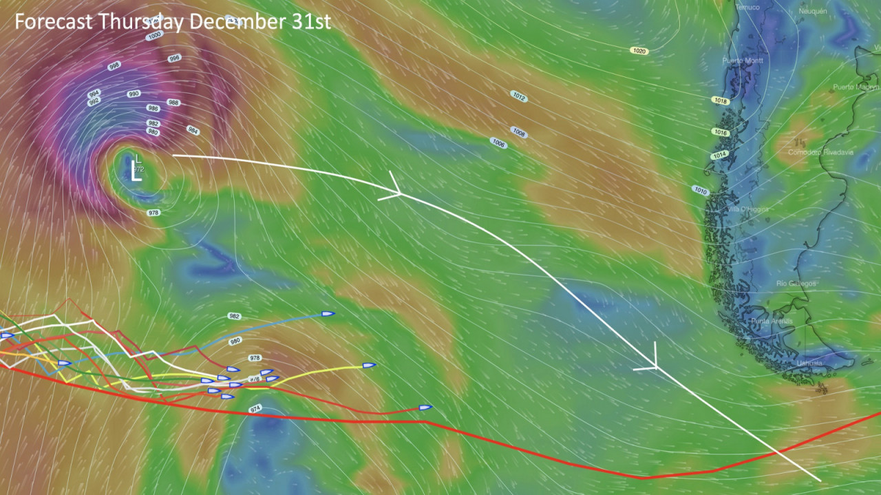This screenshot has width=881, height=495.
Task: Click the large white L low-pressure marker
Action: point(136,173)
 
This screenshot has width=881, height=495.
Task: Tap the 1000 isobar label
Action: point(154,35)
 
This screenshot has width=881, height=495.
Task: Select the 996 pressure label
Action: point(175,59)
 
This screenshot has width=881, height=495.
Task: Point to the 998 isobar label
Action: point(114,66)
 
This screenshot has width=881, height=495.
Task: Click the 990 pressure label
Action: point(134,94)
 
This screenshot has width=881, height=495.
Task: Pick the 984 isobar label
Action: point(193,129)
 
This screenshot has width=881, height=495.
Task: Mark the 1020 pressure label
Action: point(639,51)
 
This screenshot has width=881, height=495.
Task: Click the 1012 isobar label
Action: point(519,97)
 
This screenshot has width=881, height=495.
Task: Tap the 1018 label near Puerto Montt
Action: point(720,101)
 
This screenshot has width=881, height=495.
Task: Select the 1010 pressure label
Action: point(701,190)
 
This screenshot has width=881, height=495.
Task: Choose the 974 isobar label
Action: point(255,410)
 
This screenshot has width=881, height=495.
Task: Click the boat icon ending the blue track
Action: point(328,314)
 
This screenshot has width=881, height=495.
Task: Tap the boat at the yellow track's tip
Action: point(370,366)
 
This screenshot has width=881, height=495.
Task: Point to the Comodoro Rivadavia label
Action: point(820,152)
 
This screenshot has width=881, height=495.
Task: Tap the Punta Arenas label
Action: point(772,322)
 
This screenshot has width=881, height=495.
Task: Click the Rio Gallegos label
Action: point(796,284)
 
